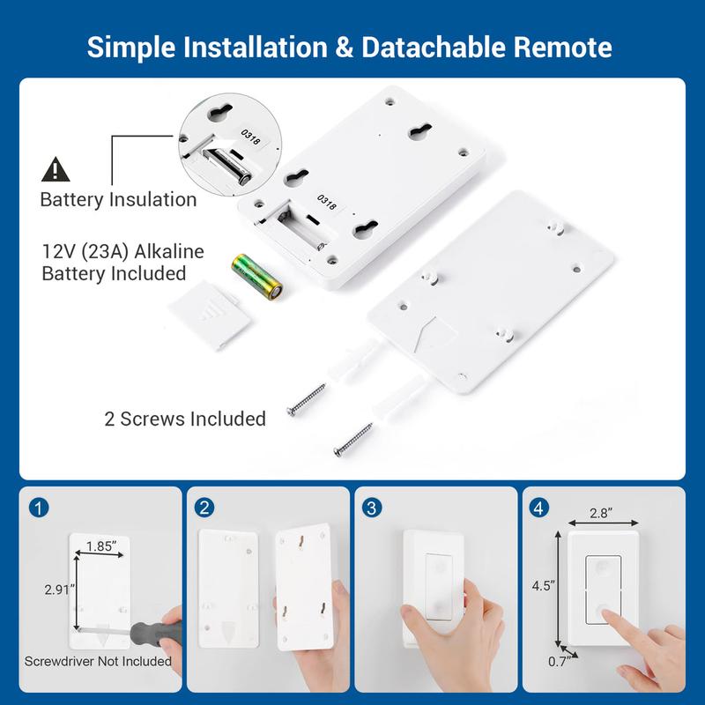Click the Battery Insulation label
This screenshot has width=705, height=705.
click(118, 199)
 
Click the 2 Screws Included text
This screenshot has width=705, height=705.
click(184, 419)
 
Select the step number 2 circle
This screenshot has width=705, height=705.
click(204, 508)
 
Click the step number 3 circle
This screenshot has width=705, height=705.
click(373, 508)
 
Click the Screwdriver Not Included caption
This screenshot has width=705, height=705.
click(98, 660)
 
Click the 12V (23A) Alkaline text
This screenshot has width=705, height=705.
click(122, 252)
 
